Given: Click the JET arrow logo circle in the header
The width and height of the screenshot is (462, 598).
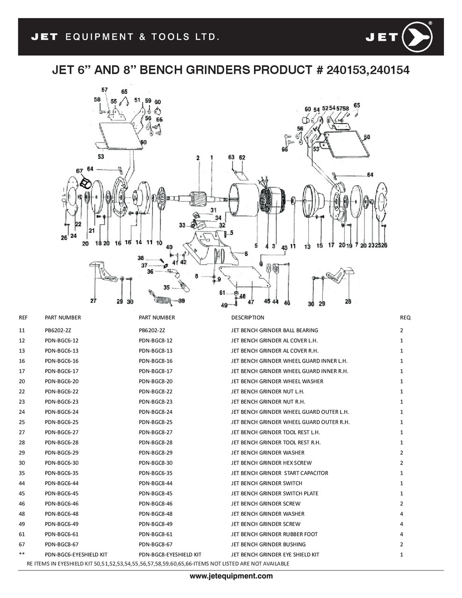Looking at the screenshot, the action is (x=417, y=37).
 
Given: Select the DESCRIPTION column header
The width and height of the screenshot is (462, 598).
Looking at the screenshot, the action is (x=248, y=318).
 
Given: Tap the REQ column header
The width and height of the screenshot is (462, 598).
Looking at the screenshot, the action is (x=405, y=318).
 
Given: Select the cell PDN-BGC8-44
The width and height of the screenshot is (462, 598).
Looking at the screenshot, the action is (x=156, y=483).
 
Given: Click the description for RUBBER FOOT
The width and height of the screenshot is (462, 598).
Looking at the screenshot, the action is (x=274, y=534).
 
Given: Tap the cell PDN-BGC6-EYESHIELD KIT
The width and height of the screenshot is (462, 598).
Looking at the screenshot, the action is (x=76, y=555).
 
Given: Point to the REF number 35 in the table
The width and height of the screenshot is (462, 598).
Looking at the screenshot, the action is (x=22, y=473).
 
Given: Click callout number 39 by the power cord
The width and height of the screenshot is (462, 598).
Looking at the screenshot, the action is (x=181, y=301).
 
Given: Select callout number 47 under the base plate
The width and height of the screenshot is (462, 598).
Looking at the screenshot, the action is (x=251, y=302).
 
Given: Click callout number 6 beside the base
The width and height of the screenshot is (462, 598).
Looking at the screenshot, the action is (x=246, y=254).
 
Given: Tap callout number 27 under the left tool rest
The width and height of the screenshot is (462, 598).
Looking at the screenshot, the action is (x=93, y=301).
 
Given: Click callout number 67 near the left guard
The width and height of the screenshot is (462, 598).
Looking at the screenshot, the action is (x=79, y=171).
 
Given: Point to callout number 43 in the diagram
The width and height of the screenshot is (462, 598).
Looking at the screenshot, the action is (x=284, y=248).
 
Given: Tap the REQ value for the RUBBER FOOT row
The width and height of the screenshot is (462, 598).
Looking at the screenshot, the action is (x=402, y=534).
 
